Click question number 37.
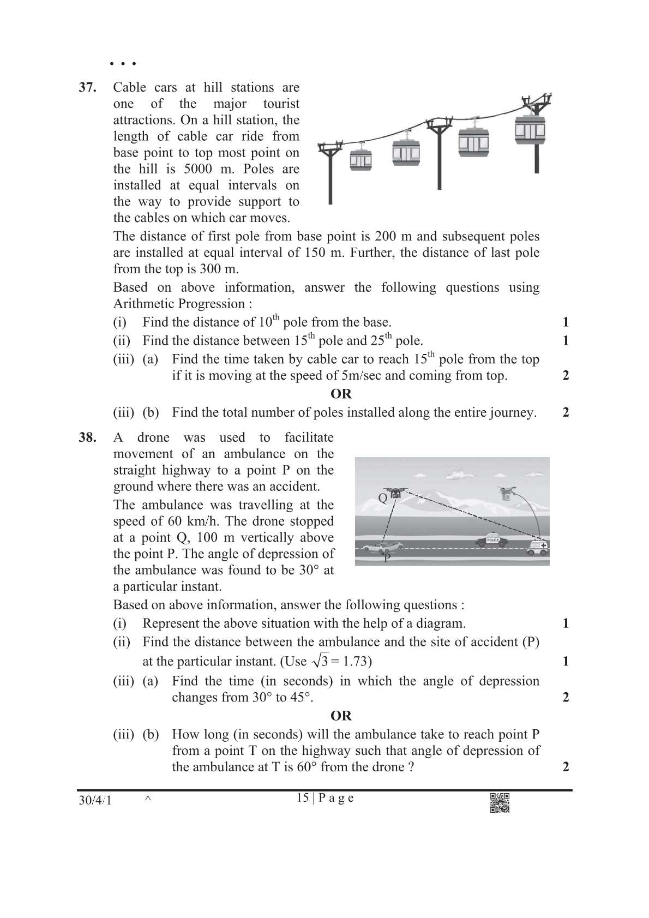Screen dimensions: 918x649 click(88, 88)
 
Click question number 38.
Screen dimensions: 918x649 click(88, 437)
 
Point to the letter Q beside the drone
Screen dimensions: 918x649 click(382, 497)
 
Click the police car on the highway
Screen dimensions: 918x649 click(491, 540)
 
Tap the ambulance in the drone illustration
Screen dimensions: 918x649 click(537, 548)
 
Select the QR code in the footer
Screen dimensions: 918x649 click(500, 802)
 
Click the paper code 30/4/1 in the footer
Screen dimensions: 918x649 click(95, 801)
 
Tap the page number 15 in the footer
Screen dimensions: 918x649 click(303, 798)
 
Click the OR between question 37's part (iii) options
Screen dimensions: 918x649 click(341, 394)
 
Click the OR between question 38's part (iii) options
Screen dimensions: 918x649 click(341, 716)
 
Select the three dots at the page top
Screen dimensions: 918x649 click(122, 64)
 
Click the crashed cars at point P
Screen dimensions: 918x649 click(383, 546)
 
